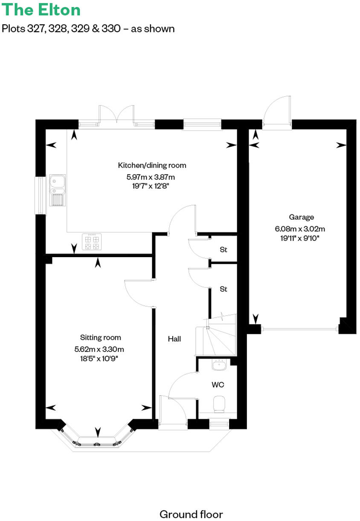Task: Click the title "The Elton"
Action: [41, 9]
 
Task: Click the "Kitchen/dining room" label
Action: [152, 165]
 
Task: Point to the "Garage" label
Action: [301, 217]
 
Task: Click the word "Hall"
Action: [174, 339]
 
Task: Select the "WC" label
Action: [218, 385]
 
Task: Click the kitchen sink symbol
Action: [57, 190]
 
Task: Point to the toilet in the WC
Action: [219, 404]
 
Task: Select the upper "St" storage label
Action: [223, 250]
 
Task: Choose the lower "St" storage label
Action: [223, 289]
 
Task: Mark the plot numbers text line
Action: [88, 29]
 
